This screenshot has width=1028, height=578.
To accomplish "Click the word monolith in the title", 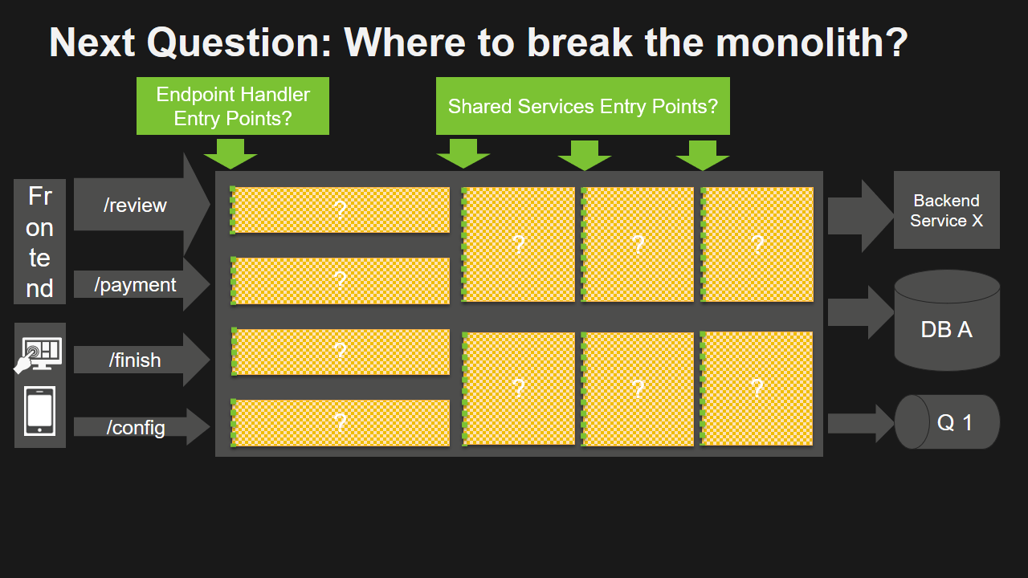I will (x=811, y=42).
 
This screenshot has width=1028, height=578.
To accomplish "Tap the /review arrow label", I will (x=135, y=206).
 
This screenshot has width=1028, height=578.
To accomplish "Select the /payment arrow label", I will (x=135, y=285).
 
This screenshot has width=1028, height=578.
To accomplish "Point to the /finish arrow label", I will (x=135, y=360).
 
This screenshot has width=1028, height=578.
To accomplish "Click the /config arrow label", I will (x=136, y=428).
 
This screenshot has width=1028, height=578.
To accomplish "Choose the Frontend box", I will (x=39, y=242).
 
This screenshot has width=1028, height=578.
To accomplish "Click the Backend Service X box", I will (x=946, y=210).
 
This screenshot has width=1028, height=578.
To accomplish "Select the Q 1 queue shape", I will (x=948, y=422).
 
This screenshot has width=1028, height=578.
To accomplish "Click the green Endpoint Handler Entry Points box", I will (x=233, y=106).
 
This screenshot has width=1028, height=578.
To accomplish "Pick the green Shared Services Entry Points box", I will (x=582, y=106).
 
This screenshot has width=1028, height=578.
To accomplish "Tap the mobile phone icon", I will (x=40, y=411).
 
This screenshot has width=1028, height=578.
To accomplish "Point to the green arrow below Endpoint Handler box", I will (x=230, y=153).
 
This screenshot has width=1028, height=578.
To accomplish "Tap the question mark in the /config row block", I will (x=340, y=422).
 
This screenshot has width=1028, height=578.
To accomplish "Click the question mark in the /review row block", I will (x=340, y=210).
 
